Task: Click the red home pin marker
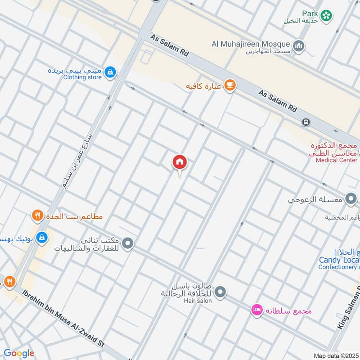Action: [180, 162]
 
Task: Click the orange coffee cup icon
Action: [229, 85]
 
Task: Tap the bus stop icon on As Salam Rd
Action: [306, 122]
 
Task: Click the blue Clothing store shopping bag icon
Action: [110, 72]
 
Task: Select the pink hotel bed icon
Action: [256, 310]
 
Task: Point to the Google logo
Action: [19, 353]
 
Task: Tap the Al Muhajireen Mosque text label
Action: [251, 44]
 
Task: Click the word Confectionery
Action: [337, 267]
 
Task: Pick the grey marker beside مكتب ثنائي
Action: [128, 244]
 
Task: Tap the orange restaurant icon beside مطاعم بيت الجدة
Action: [37, 216]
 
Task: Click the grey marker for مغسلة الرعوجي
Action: [351, 198]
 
